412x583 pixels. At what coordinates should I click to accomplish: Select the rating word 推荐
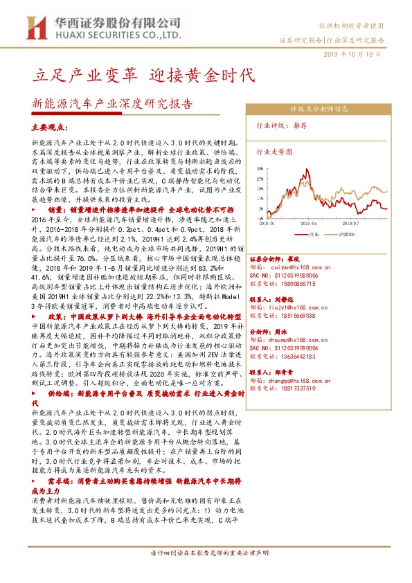(301, 126)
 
